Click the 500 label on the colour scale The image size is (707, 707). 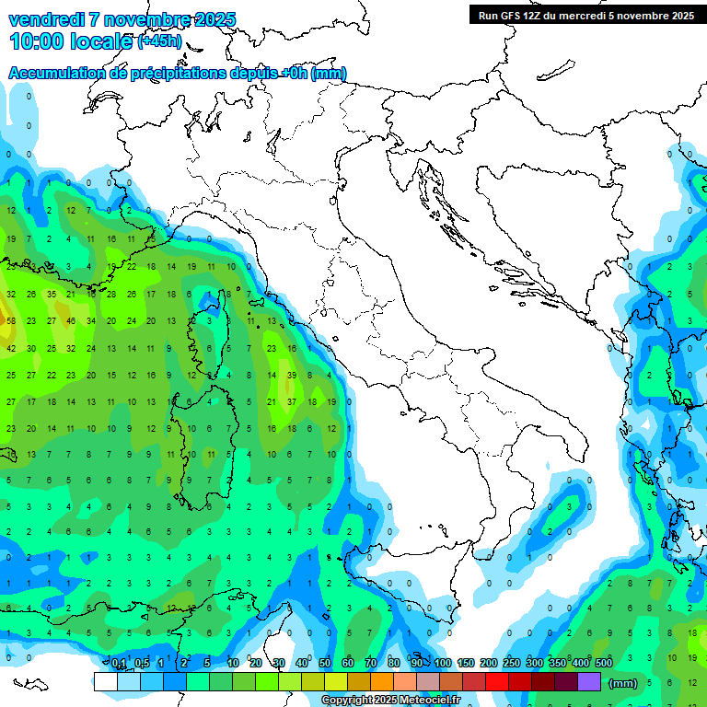[604, 664]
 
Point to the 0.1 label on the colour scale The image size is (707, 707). [119, 664]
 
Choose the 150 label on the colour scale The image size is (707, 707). [466, 664]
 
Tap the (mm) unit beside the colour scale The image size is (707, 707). [623, 683]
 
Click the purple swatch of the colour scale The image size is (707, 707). [589, 681]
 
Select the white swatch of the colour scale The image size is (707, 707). [105, 681]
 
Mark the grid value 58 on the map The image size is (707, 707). [11, 320]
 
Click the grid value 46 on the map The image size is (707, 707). [71, 320]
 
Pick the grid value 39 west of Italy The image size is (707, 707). [292, 375]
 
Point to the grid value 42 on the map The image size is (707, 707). [11, 348]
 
